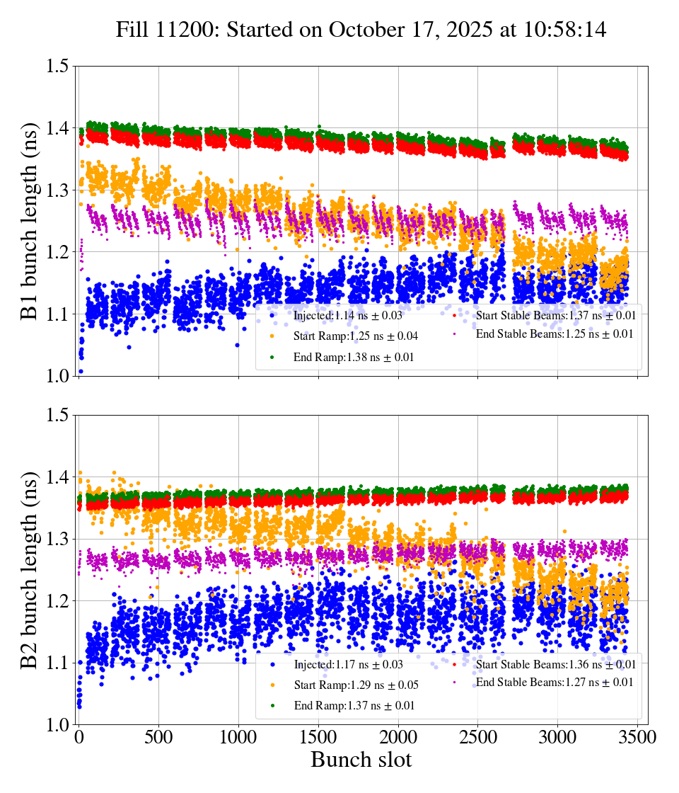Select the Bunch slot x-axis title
361,760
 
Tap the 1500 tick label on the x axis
319,737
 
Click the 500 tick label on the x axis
159,737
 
